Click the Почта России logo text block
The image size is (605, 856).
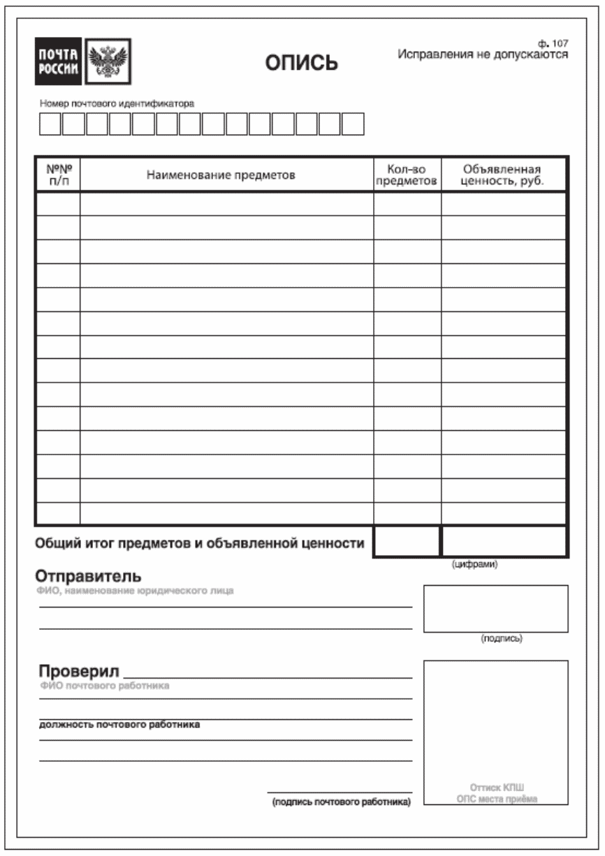pos(59,61)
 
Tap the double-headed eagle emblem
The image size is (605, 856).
pos(108,61)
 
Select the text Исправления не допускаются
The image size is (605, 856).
pos(483,54)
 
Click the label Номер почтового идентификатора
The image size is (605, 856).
pos(117,103)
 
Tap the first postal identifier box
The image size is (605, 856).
pos(50,125)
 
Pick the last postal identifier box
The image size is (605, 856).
pos(353,125)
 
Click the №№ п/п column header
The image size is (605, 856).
pos(58,175)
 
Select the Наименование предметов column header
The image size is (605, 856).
pos(221,175)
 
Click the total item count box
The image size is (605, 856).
pos(407,541)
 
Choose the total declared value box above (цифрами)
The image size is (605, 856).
pos(503,541)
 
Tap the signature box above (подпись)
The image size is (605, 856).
pos(495,608)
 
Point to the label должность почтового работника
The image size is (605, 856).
pos(119,725)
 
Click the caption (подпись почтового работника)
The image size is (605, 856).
pos(341,802)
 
